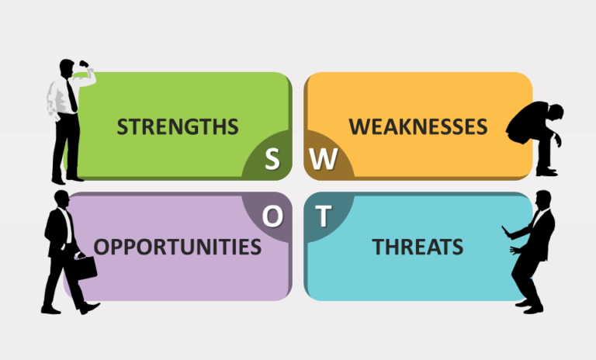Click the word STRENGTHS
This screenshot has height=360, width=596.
(178, 126)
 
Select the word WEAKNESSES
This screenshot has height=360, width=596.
(418, 126)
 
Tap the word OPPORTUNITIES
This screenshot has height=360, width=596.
(178, 247)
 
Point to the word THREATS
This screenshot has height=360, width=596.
(418, 247)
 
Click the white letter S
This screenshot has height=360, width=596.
(272, 158)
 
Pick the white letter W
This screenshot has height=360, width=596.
(324, 158)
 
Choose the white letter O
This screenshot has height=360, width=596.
(272, 216)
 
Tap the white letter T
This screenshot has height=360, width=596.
(324, 216)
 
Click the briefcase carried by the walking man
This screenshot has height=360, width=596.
(86, 268)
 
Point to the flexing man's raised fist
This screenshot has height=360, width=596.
(84, 64)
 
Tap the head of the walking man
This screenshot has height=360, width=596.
(61, 199)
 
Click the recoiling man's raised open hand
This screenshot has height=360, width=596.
(506, 231)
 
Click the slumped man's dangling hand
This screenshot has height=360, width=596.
(558, 140)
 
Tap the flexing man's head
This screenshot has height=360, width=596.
(67, 68)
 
